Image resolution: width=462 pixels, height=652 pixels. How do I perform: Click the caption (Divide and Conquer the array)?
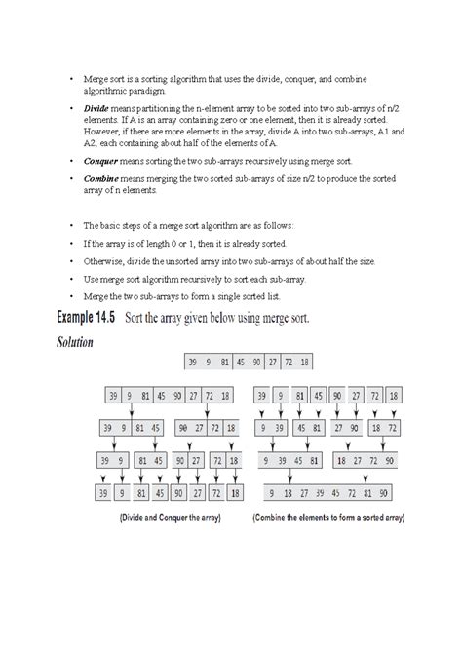coord(170,518)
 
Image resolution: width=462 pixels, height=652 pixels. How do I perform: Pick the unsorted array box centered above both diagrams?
coord(250,363)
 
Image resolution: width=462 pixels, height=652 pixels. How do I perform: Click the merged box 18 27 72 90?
coord(365,461)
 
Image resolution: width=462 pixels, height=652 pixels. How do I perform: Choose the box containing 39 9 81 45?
coord(133,428)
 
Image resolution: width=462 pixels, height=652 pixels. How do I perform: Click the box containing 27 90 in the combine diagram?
coord(345,428)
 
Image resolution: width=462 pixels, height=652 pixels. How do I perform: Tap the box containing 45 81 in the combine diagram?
coord(309,428)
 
